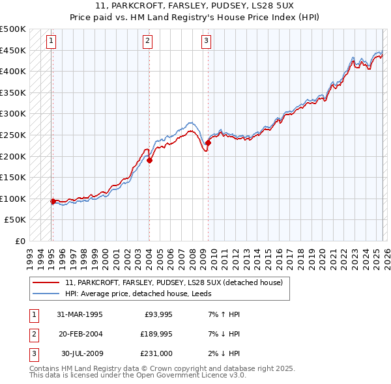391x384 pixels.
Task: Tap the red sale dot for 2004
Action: coord(149,160)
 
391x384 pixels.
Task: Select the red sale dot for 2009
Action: coord(208,143)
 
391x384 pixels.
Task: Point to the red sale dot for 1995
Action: coord(53,201)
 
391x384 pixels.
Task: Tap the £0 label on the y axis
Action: coord(20,241)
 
